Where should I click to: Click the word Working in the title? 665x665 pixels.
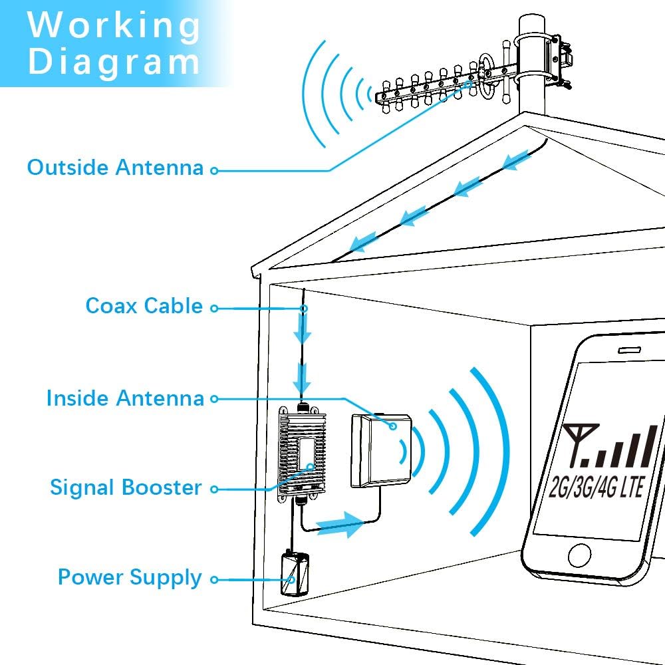pos(114,25)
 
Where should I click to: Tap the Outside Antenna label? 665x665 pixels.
pos(115,168)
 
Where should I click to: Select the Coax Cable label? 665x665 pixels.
pos(144,306)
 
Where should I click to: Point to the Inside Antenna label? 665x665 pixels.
pos(125,398)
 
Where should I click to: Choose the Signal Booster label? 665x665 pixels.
pos(126,487)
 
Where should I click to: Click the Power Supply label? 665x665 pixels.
pos(130,577)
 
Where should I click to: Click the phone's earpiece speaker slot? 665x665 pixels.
pos(631,348)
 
